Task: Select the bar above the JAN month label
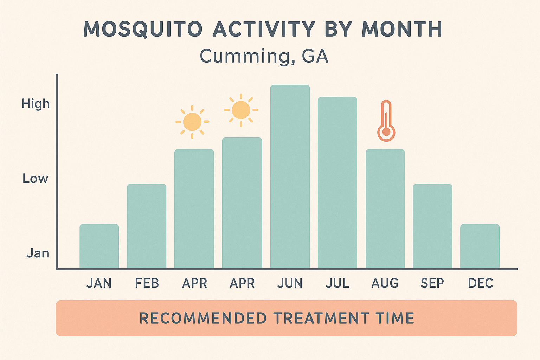coord(99,246)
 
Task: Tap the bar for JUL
coord(337,182)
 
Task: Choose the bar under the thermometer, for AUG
coord(385,209)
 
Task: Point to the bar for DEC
coord(480,246)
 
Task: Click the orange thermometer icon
coord(386,121)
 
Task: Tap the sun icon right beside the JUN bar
coord(241,110)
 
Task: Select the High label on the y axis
coord(36,104)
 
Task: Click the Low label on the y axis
coord(35,179)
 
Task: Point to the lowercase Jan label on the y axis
coord(38,253)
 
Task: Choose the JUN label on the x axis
coord(290,283)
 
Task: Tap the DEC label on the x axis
coord(481,283)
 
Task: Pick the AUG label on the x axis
coord(385,283)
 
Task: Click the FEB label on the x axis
coord(147,283)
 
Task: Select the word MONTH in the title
coord(402,29)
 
